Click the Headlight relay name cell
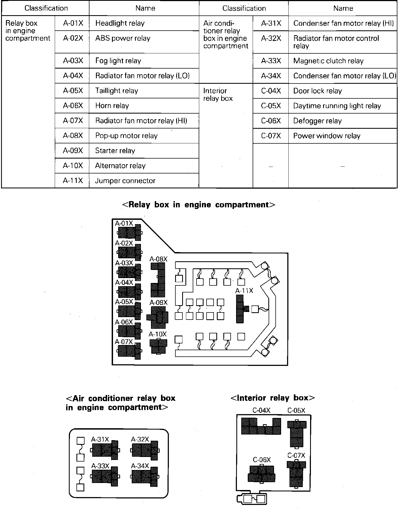click(x=120, y=23)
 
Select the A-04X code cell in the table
click(x=73, y=76)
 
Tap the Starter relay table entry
click(x=115, y=151)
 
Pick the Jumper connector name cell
click(x=125, y=181)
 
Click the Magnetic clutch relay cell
click(x=328, y=61)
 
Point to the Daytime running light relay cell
click(x=337, y=106)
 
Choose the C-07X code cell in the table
click(x=271, y=136)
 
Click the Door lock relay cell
click(x=317, y=91)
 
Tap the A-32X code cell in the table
click(x=271, y=38)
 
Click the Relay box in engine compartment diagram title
click(x=199, y=205)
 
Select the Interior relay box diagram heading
click(x=272, y=398)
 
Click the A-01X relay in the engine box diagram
click(x=130, y=233)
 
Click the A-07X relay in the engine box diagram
click(x=130, y=351)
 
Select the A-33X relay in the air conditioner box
click(x=105, y=476)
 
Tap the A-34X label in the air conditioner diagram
click(x=140, y=466)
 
